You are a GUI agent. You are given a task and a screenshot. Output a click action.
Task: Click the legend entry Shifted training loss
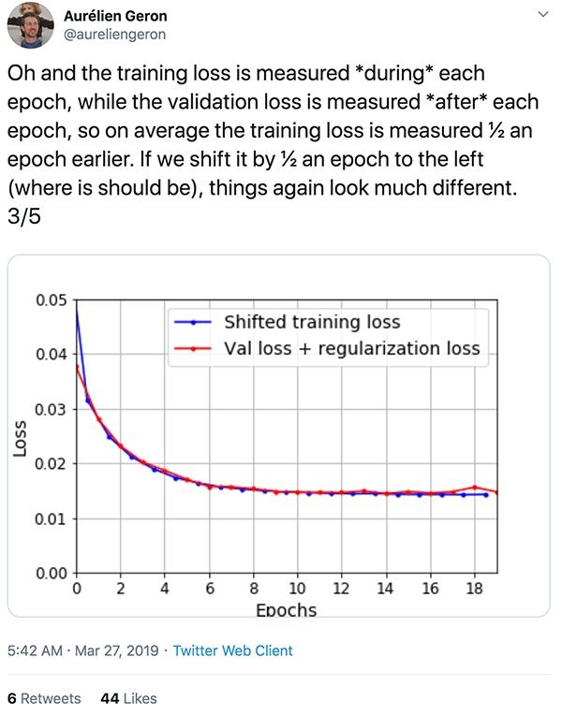click(x=312, y=322)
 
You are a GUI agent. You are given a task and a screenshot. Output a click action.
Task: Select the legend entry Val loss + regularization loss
click(x=352, y=348)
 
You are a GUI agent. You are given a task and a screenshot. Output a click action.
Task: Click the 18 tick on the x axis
click(x=475, y=590)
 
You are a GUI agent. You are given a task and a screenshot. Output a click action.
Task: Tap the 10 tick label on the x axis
click(x=297, y=590)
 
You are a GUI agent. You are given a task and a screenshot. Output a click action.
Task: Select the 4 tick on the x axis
click(x=165, y=590)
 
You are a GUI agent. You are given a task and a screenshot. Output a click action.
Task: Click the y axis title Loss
click(x=20, y=438)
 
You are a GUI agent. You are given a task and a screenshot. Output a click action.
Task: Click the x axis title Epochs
click(x=286, y=610)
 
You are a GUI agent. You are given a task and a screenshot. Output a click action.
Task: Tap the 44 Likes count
click(x=128, y=698)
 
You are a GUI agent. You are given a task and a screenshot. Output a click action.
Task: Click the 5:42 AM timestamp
click(x=37, y=650)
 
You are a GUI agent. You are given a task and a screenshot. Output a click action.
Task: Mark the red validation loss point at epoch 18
click(x=475, y=487)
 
